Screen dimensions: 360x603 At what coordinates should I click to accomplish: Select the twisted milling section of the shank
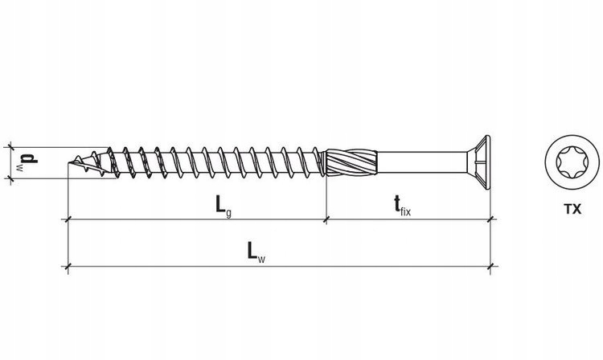348,162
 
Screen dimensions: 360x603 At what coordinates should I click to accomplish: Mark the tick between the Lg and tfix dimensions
326,219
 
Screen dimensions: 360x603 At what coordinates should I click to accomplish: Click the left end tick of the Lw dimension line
68,266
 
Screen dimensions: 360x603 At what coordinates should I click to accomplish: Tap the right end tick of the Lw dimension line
490,266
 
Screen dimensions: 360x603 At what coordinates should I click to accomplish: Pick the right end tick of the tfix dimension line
490,219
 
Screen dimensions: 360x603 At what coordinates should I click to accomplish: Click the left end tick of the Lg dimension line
68,219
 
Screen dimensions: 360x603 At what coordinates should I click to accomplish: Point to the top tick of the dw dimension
10,146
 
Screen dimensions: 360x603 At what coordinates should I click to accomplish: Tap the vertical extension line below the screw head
490,241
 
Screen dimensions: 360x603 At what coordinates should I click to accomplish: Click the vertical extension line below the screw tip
68,241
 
